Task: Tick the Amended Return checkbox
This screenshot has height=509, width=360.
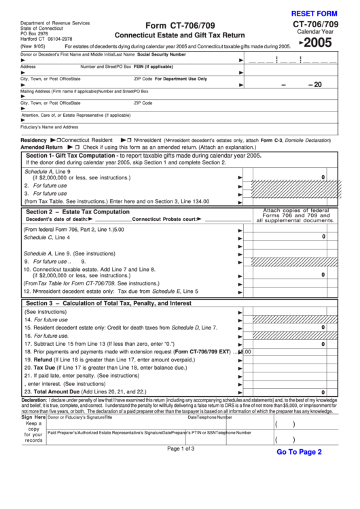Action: pyautogui.click(x=77, y=147)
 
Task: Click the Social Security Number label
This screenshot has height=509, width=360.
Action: pyautogui.click(x=162, y=54)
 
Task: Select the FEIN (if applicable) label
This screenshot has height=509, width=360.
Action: pyautogui.click(x=154, y=67)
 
